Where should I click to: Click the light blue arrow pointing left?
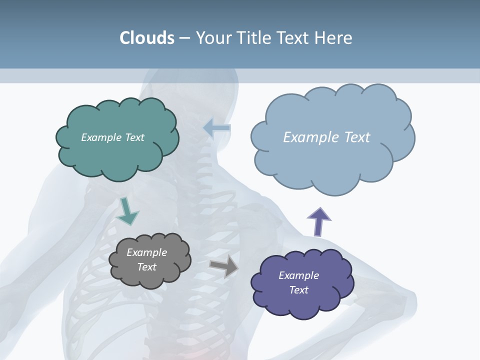pos(217,128)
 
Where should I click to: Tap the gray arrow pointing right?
pos(224,265)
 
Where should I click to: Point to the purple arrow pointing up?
pos(318,221)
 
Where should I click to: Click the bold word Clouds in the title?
pos(147,37)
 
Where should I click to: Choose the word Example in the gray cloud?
pos(146,252)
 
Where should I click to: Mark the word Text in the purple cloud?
pos(299,290)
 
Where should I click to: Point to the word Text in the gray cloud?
pos(147,267)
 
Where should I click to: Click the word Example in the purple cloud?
pos(298,275)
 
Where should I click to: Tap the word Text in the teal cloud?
pos(134,137)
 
